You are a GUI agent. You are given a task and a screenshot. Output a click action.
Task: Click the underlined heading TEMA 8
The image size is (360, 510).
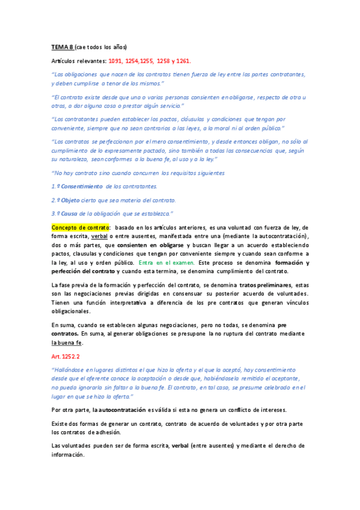click(x=62, y=47)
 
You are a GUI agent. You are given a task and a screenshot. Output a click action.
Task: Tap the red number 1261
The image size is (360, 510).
click(x=182, y=61)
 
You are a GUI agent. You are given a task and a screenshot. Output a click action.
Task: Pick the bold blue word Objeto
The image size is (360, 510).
click(x=70, y=200)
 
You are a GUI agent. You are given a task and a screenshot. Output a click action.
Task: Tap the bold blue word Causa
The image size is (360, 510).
click(x=69, y=213)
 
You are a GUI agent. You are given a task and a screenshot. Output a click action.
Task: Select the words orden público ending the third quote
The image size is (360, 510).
click(x=266, y=129)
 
